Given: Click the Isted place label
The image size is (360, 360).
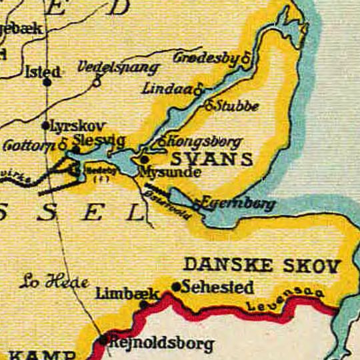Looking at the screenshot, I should click(x=42, y=71).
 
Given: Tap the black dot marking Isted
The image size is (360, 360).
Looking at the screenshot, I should click(x=47, y=83).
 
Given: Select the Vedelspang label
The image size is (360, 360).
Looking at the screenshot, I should click(x=119, y=68).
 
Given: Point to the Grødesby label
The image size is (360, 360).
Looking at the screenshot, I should click(x=207, y=58).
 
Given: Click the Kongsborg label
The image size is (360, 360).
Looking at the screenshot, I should click(x=203, y=143).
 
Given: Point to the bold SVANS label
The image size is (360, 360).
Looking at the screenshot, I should click(x=212, y=159).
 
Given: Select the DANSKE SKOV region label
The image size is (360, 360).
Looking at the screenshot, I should click(x=261, y=265).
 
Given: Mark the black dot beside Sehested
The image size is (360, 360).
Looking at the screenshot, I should click(x=176, y=287).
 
